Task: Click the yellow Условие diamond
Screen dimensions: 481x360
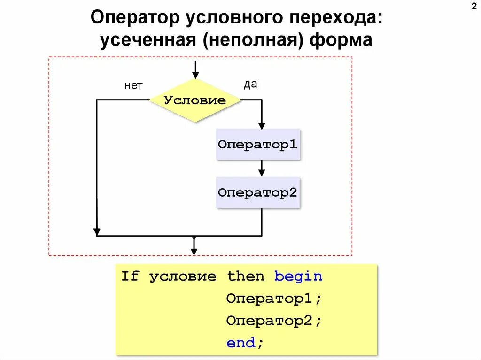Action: click(x=195, y=100)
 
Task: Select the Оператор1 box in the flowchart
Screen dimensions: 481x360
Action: click(x=258, y=144)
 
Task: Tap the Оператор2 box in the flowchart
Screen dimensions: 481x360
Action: click(x=258, y=192)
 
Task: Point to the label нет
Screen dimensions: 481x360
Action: click(x=133, y=85)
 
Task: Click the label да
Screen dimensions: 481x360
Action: click(x=250, y=84)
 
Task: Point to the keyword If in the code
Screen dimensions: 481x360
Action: click(x=130, y=276)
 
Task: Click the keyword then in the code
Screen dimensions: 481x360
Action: click(x=246, y=276)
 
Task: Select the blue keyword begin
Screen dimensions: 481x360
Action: click(x=299, y=276)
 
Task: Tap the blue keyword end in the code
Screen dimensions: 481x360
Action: click(x=241, y=343)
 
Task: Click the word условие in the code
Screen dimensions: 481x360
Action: click(x=183, y=276)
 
